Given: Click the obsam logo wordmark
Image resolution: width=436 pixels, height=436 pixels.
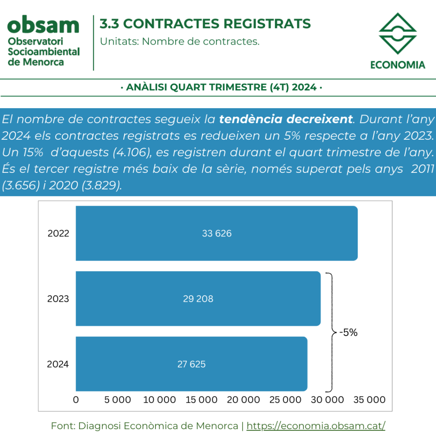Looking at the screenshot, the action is pos(43,25).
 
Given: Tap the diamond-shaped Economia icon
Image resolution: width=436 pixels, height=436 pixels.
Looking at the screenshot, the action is pos(398,33).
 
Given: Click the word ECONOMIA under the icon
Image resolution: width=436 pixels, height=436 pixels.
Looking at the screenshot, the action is pos(398,65).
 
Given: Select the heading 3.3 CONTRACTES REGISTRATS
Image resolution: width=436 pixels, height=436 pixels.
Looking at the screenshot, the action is pos(205,24).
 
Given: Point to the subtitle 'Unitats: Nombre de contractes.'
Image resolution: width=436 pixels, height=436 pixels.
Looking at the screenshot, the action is pos(180,41).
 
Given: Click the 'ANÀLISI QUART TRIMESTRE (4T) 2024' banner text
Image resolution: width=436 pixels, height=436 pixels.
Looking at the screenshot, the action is pos(221,87).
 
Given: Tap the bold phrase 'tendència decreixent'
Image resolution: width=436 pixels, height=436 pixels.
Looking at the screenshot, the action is pos(286,119).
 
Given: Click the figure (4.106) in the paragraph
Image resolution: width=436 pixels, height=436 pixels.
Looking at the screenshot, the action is pos(132,152).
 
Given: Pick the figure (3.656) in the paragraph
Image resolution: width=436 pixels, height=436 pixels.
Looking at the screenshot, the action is pos(21,185).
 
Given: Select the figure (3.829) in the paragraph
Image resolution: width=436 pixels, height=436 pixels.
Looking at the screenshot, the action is pos(102,185).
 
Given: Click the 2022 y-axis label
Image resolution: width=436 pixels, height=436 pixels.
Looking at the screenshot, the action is pos(58,233).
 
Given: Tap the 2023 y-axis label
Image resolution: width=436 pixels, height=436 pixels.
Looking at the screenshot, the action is pos(58,298).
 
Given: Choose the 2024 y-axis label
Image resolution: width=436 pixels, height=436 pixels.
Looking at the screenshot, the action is pos(58,364).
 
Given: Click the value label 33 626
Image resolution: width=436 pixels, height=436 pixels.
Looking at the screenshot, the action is pos(217,233).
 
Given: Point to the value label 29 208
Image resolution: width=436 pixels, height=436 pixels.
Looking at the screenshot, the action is pos(198,298).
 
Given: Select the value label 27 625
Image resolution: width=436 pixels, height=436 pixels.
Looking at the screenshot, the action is pos(192,364).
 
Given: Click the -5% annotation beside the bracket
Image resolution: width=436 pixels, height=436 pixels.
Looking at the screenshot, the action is pos(348,332).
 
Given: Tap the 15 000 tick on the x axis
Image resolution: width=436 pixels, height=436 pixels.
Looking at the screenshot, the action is pos(201,399).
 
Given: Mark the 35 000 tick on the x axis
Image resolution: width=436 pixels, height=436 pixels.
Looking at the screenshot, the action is pos(370,399).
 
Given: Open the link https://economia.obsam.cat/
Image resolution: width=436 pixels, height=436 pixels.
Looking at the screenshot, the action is pos(316,426).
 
